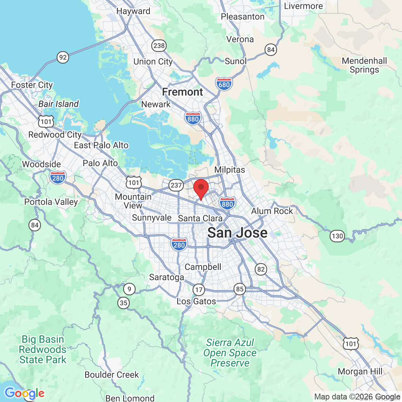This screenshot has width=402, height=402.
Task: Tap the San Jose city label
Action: [238, 233]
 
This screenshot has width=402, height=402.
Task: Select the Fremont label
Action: [182, 92]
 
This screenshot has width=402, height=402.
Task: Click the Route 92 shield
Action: [63, 57]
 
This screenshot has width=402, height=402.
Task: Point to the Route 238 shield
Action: [159, 46]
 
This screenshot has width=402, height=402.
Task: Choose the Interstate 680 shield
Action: [224, 84]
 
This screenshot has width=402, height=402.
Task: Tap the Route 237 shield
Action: [176, 185]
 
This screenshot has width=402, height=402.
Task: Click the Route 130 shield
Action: [337, 236]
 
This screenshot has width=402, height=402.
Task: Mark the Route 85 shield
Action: [240, 289]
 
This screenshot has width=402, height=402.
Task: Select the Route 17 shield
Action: [198, 290]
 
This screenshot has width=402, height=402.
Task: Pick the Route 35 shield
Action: [124, 303]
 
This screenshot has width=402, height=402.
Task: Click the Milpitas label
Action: [230, 170]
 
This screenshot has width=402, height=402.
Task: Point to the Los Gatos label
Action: [196, 301]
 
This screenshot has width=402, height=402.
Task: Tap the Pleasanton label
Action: [242, 17]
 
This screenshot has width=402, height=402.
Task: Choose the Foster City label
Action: [32, 85]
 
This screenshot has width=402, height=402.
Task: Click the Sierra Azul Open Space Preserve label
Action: [230, 353]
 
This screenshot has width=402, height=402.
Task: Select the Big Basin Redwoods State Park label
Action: [43, 350]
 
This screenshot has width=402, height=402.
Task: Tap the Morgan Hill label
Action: [360, 372]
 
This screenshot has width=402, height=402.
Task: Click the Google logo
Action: [24, 394]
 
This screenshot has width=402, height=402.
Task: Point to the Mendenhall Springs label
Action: [364, 65]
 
